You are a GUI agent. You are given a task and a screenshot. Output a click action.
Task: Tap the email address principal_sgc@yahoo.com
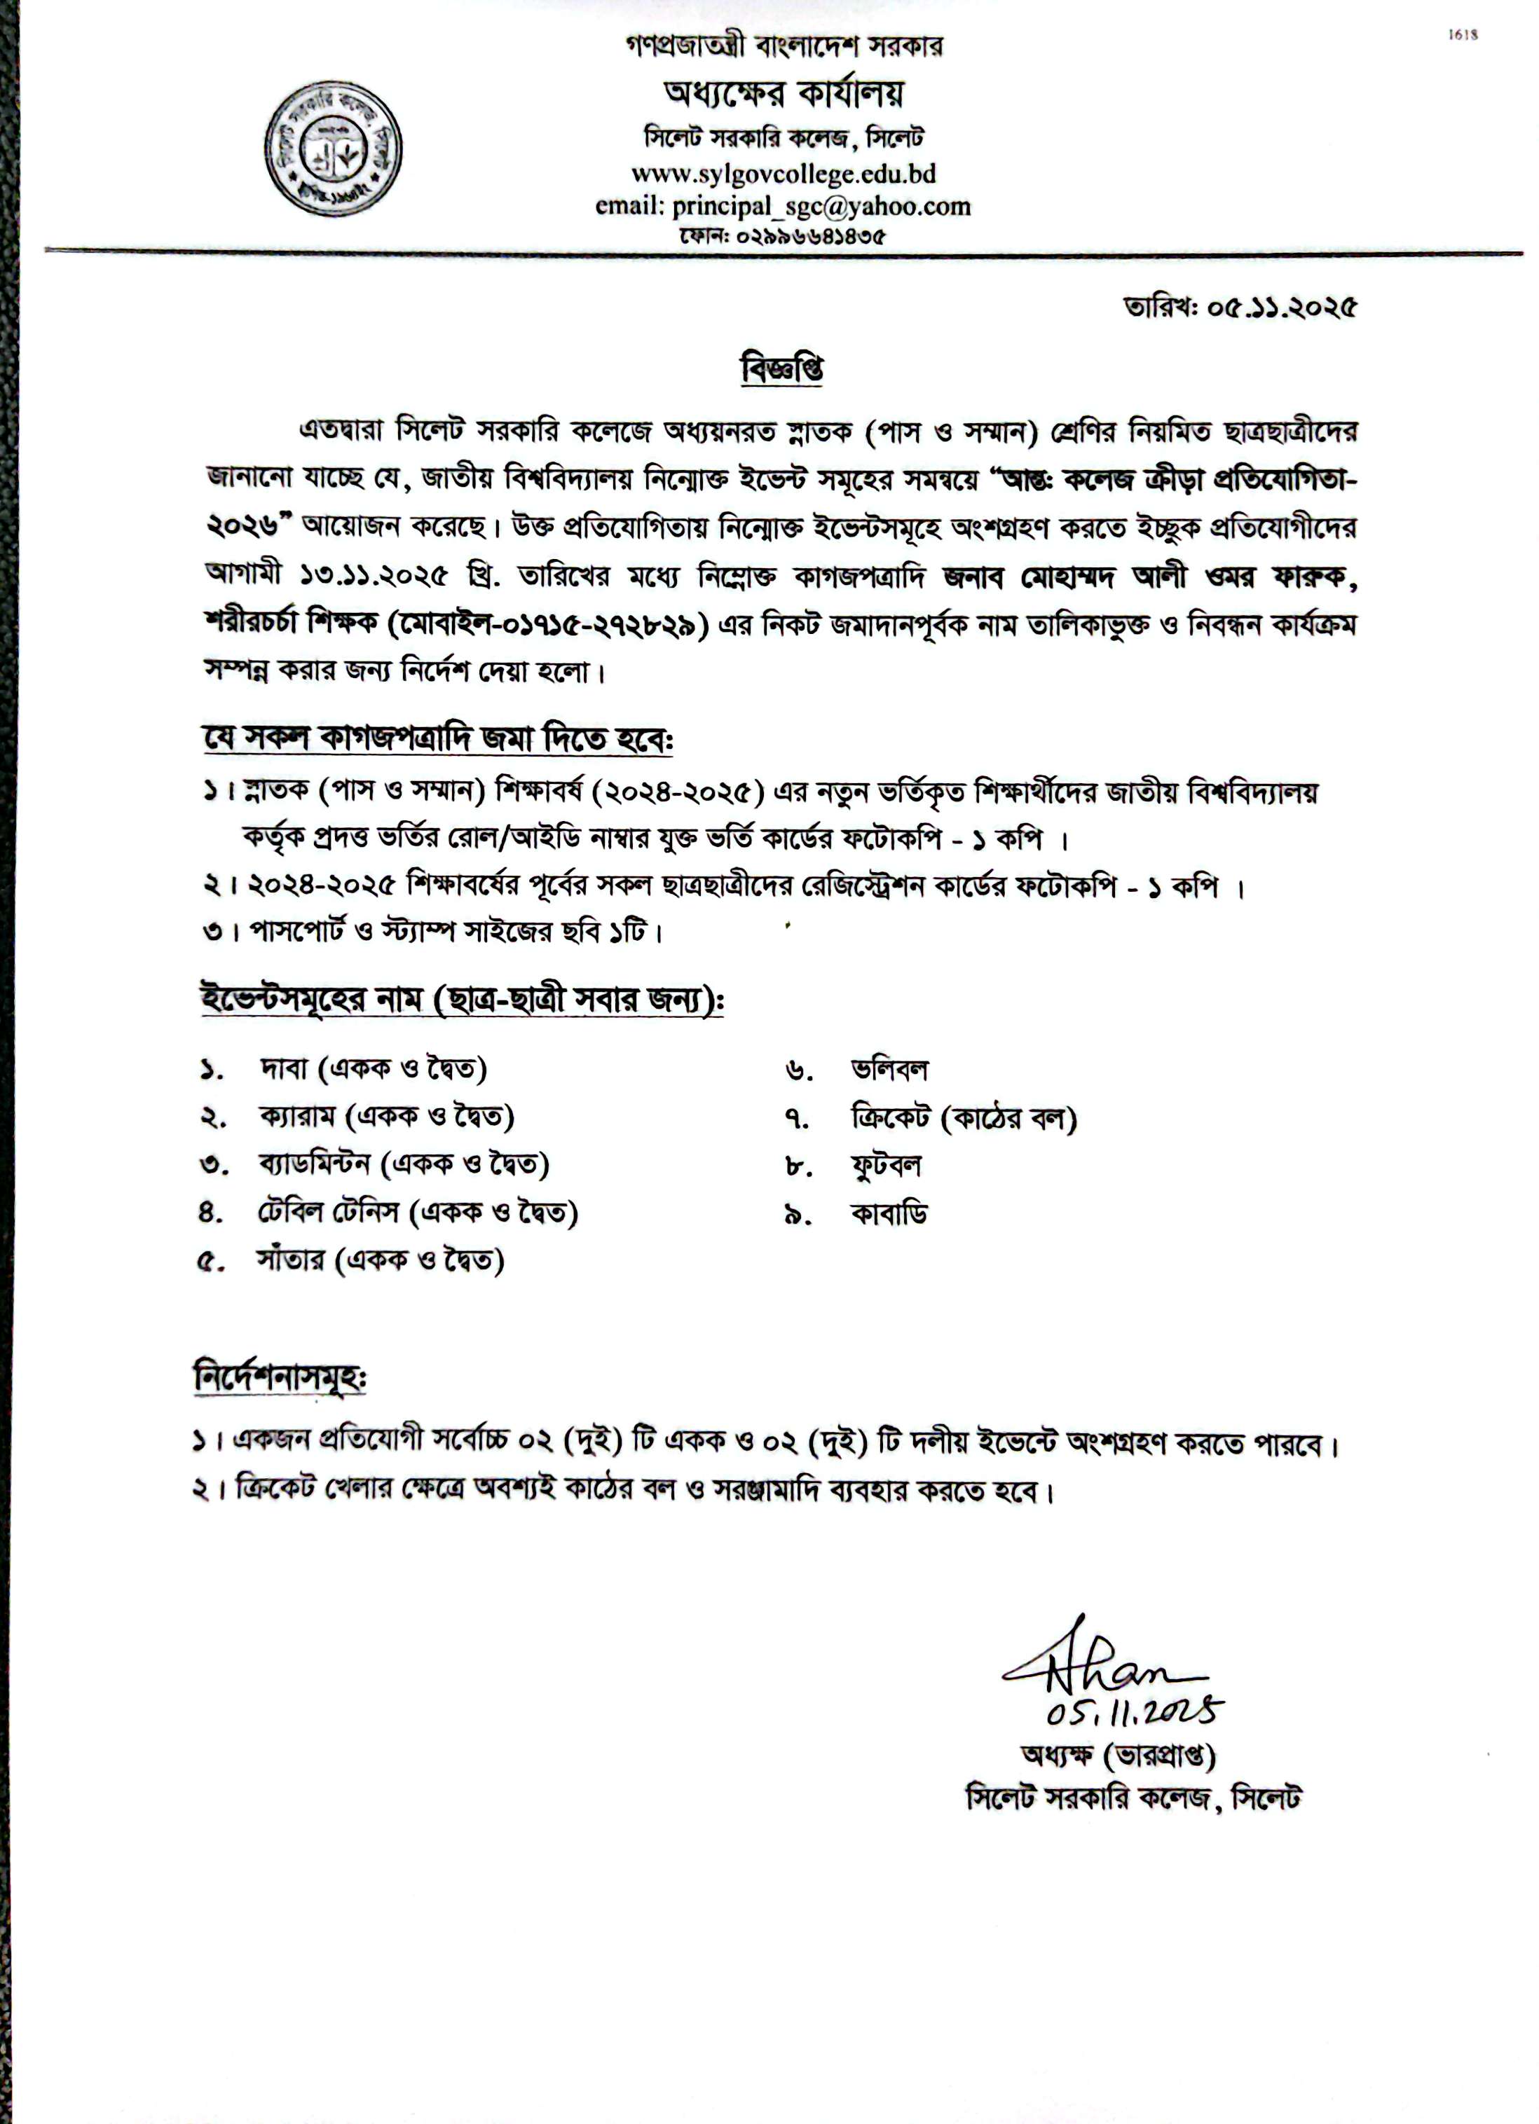[x=821, y=206]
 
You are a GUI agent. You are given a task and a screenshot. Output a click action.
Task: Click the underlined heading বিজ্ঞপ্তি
[x=781, y=368]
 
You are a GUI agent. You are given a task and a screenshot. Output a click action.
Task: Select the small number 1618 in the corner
[x=1462, y=36]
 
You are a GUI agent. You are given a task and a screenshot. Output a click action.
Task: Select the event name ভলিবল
[x=889, y=1068]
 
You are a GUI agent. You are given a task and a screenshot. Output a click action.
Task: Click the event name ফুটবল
[x=885, y=1166]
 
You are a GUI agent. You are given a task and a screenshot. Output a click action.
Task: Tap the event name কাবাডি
[x=888, y=1215]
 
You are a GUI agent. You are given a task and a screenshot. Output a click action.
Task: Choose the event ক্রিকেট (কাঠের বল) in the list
[x=963, y=1118]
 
